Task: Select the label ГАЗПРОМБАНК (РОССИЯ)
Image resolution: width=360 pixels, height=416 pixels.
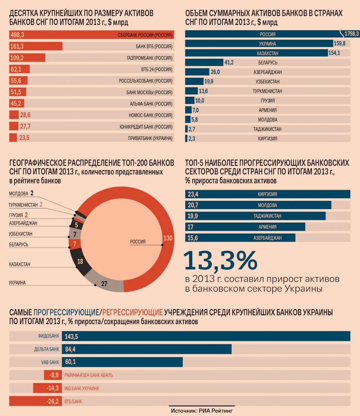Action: click(149, 58)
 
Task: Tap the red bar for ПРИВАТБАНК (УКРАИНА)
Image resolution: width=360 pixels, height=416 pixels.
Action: click(13, 138)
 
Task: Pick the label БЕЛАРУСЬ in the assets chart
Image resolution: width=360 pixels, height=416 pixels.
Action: click(267, 63)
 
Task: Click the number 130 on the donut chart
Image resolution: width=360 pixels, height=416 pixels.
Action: click(168, 238)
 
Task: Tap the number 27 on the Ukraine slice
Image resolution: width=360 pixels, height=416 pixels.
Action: click(104, 284)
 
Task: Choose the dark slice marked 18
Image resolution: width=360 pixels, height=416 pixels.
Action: click(80, 262)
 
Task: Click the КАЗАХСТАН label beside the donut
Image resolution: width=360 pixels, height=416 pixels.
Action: click(20, 264)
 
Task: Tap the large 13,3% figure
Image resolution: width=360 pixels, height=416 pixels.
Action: click(221, 260)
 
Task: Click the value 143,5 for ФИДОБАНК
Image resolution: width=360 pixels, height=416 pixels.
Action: click(71, 336)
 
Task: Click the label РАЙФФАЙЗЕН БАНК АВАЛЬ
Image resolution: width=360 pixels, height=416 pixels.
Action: click(88, 375)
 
